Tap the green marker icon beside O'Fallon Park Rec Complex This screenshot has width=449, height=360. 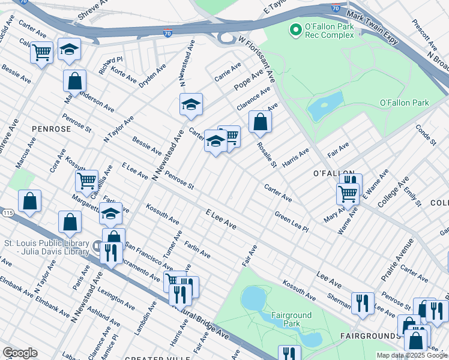point(295,29)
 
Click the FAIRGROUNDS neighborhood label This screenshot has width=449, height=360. point(371,336)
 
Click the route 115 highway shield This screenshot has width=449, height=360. point(7,213)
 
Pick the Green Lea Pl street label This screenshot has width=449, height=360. point(291,221)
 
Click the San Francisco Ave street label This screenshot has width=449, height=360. point(142,255)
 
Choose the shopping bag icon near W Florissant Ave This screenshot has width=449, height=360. point(260,122)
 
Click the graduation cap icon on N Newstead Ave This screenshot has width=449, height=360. point(190,105)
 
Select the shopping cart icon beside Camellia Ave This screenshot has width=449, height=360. point(86,179)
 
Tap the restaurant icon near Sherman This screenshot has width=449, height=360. point(363,302)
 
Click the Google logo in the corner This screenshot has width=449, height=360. point(20,353)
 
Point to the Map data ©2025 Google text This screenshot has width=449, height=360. point(411,355)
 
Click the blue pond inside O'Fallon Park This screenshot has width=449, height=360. point(325,106)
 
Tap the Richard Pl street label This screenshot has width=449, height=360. point(111,63)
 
